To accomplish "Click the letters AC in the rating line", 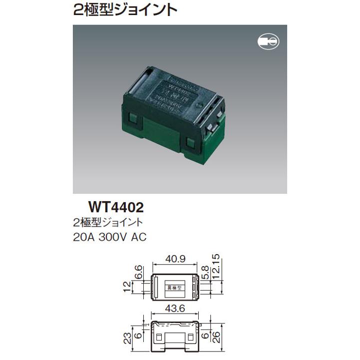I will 138,237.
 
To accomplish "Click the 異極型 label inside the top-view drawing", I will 176,287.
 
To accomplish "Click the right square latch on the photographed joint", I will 189,143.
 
